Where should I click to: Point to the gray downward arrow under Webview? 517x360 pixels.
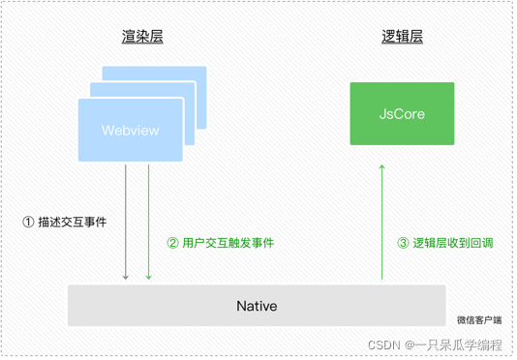(126, 223)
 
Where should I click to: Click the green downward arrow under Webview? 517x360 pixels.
(148, 223)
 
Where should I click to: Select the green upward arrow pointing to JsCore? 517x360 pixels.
(381, 223)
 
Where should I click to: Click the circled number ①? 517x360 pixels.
(28, 222)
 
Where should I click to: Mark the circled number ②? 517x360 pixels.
(173, 243)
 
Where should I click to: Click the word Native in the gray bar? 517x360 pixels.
(257, 306)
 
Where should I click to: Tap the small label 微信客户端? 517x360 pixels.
(480, 320)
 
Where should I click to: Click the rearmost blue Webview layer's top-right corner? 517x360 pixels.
(204, 69)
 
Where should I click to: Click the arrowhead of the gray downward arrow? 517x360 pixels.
(126, 278)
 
